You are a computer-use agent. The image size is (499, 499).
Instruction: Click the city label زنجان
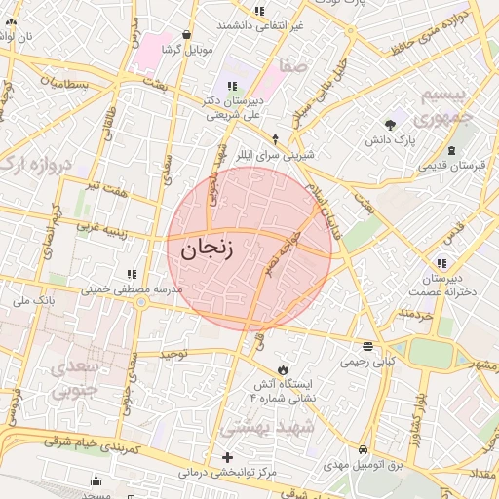tap(208, 248)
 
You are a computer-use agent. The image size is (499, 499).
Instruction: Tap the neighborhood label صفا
tap(293, 66)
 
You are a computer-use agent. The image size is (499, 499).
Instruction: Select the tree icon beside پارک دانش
tap(391, 125)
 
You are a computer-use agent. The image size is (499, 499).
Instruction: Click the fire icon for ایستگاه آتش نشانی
tap(283, 370)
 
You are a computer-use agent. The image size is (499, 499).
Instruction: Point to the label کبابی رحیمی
tap(367, 362)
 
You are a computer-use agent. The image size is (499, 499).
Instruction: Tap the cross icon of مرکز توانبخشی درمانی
tap(228, 457)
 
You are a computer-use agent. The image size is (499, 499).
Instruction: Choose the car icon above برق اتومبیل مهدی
tap(364, 450)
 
